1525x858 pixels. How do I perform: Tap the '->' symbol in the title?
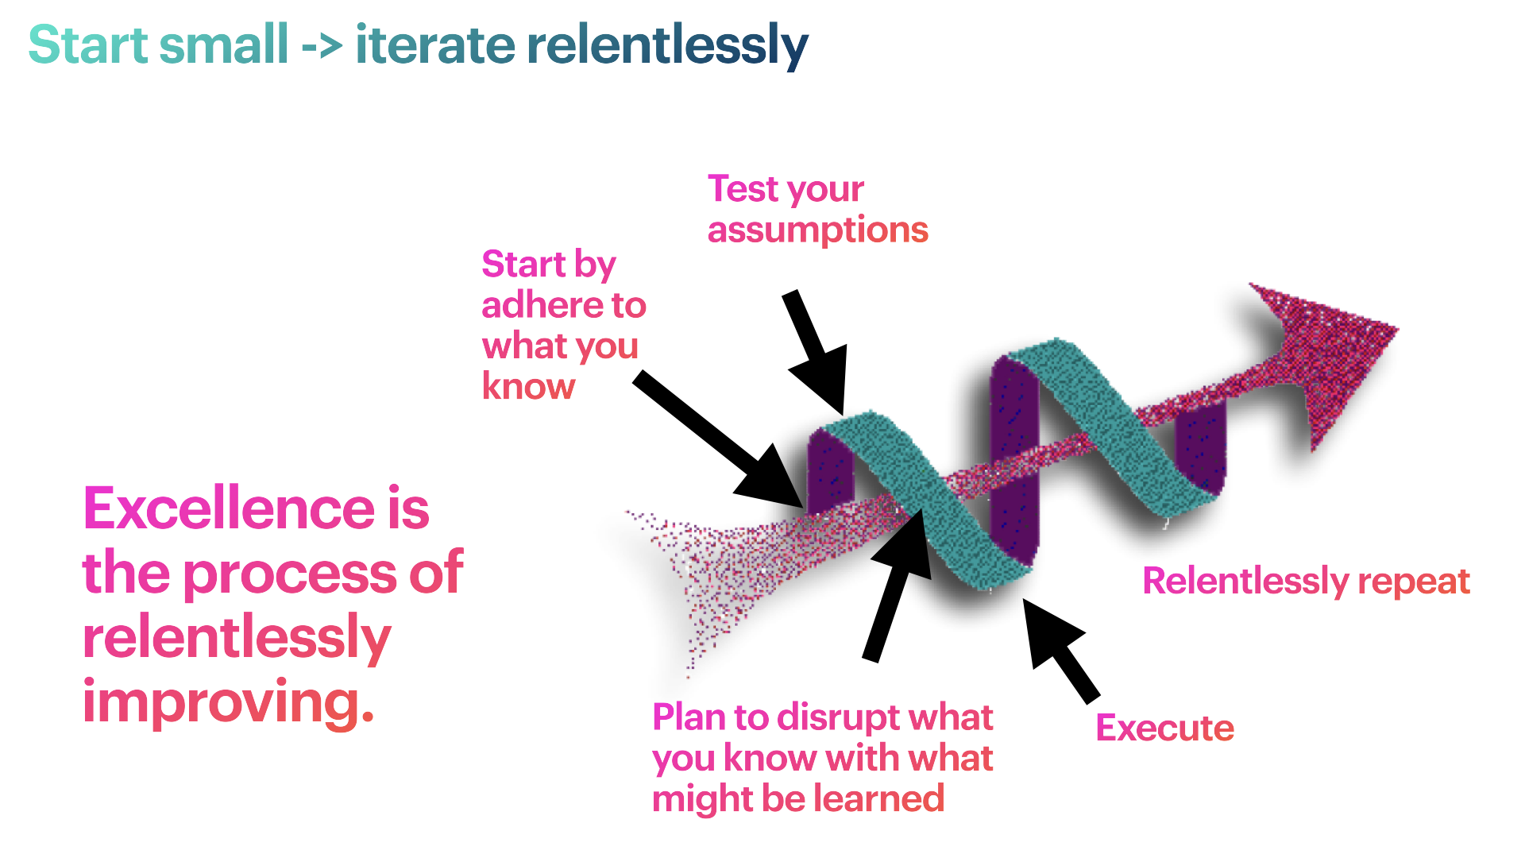pyautogui.click(x=322, y=46)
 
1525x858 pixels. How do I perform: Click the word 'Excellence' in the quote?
pyautogui.click(x=230, y=508)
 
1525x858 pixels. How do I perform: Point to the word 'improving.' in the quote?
pyautogui.click(x=228, y=702)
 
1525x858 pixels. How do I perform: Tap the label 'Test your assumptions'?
pyautogui.click(x=817, y=209)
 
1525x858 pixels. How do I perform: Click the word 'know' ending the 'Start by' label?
pyautogui.click(x=528, y=387)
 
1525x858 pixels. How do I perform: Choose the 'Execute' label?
pyautogui.click(x=1164, y=728)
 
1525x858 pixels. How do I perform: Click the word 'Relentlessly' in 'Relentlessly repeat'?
pyautogui.click(x=1245, y=582)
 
